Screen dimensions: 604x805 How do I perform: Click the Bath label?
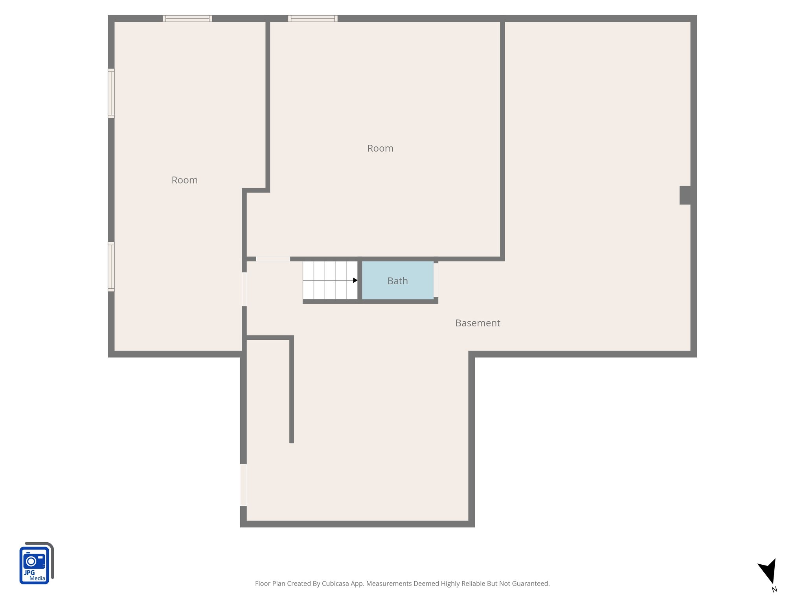pyautogui.click(x=397, y=281)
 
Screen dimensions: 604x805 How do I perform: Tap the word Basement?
pyautogui.click(x=478, y=323)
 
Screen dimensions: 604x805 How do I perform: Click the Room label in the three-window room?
pyautogui.click(x=184, y=180)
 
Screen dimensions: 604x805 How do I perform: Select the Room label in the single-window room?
pyautogui.click(x=380, y=148)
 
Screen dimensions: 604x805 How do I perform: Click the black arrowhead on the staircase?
pyautogui.click(x=355, y=280)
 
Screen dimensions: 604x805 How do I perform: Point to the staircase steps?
pyautogui.click(x=330, y=280)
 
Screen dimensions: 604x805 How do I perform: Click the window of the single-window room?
pyautogui.click(x=312, y=18)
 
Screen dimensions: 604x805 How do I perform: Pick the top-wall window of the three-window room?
pyautogui.click(x=187, y=18)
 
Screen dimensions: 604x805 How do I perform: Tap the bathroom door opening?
pyautogui.click(x=436, y=280)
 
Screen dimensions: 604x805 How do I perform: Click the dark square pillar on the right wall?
pyautogui.click(x=685, y=195)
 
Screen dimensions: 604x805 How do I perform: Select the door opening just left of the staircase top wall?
pyautogui.click(x=273, y=259)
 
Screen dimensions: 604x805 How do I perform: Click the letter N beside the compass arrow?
pyautogui.click(x=774, y=589)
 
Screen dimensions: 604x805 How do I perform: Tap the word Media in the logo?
pyautogui.click(x=37, y=578)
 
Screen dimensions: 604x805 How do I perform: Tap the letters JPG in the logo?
pyautogui.click(x=29, y=573)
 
